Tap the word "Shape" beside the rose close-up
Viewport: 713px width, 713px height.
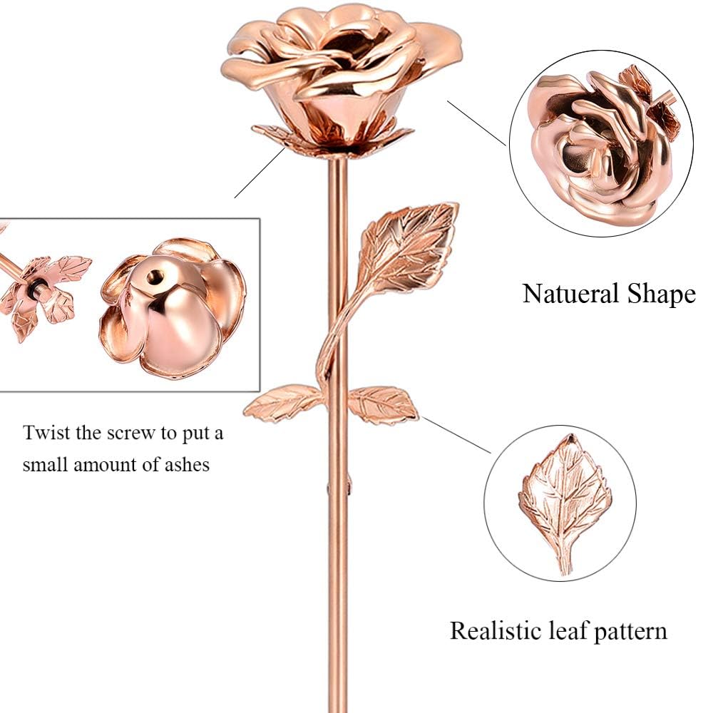662,294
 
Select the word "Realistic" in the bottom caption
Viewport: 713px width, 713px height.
497,631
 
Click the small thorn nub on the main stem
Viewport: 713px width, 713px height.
349,483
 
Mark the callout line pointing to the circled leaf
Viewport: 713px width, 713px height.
456,435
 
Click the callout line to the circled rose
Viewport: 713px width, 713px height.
476,123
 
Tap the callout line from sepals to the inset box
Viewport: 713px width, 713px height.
260,173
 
